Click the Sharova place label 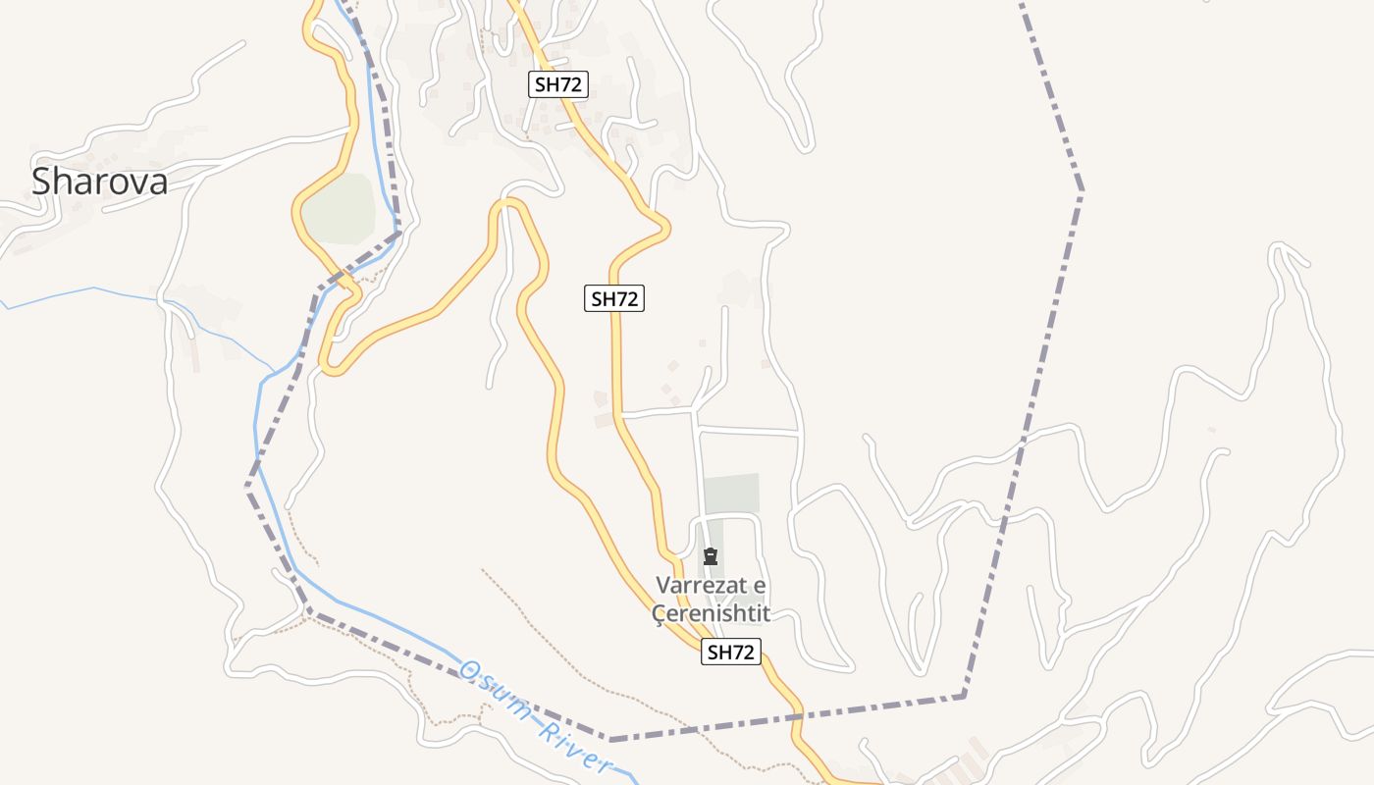tap(99, 182)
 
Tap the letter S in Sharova tap(42, 182)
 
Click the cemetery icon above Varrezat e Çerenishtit tap(711, 557)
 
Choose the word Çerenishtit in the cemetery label tap(712, 614)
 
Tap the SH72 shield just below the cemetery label tap(731, 652)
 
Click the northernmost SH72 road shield tap(558, 84)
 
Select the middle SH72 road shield tap(614, 299)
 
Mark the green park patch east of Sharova tap(339, 209)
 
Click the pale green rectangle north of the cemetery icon tap(732, 493)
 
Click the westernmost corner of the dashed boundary tap(247, 485)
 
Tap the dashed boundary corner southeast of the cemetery tap(963, 696)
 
